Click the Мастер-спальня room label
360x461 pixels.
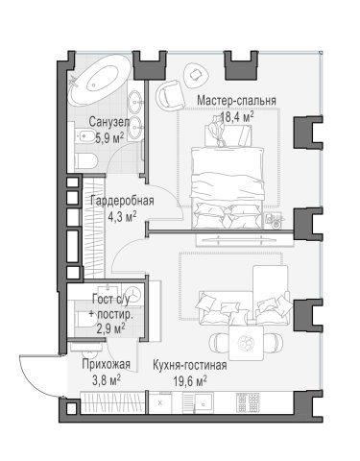[x=236, y=101]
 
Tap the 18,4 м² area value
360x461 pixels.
[x=237, y=117]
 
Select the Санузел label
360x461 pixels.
[x=109, y=122]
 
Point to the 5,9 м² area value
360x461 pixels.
[x=109, y=138]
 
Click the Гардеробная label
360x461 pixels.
[x=122, y=201]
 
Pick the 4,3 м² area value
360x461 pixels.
[x=122, y=217]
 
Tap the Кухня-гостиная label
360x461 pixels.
[x=190, y=365]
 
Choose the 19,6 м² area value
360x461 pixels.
[x=190, y=381]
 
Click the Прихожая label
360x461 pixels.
[x=107, y=364]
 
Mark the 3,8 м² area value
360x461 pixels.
[x=107, y=380]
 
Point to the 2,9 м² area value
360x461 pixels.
[x=110, y=328]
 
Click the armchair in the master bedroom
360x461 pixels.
[x=171, y=95]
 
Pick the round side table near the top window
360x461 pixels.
[x=195, y=76]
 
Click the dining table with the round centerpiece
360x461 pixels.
[x=247, y=343]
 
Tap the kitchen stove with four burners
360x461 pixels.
[x=248, y=402]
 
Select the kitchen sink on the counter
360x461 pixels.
[x=204, y=401]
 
